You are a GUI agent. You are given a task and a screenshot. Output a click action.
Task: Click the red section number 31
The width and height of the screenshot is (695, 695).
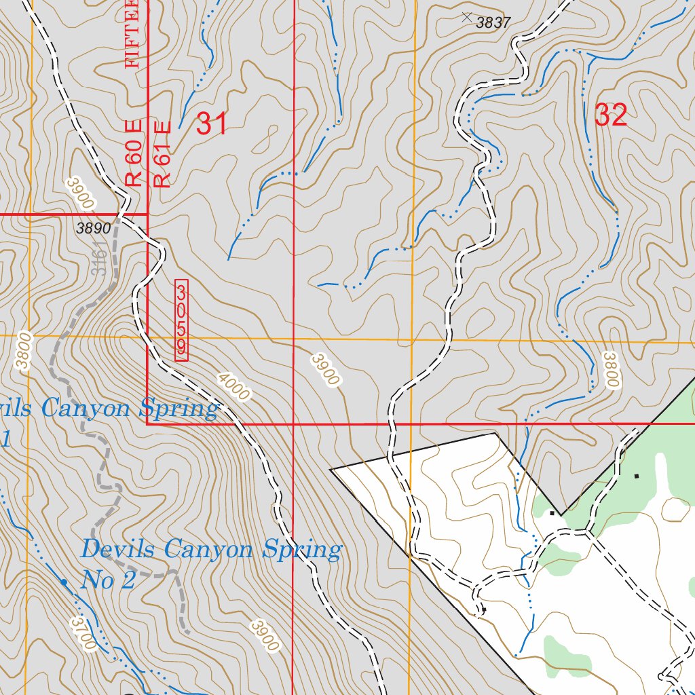point(211,124)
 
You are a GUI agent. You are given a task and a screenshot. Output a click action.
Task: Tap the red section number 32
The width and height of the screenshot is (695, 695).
point(610,115)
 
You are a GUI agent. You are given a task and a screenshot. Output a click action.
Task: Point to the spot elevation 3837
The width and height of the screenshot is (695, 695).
point(493,22)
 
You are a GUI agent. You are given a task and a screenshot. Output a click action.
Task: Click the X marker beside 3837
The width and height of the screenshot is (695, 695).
point(466,16)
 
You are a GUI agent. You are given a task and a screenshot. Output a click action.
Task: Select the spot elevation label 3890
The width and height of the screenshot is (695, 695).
point(93,229)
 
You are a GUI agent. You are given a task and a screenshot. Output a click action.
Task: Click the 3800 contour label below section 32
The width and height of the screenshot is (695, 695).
point(611,369)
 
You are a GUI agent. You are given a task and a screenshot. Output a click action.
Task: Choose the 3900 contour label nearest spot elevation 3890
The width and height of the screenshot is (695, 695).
point(80,193)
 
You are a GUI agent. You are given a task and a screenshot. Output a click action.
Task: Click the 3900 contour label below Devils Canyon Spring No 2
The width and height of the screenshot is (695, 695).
point(264,635)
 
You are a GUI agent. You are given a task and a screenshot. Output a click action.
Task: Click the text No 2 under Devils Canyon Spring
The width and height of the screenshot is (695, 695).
point(109,580)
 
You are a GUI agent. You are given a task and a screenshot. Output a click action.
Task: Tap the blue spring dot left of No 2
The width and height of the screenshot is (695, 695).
point(64,582)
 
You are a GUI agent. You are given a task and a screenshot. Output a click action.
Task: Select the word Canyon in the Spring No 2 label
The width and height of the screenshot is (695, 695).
point(209,549)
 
